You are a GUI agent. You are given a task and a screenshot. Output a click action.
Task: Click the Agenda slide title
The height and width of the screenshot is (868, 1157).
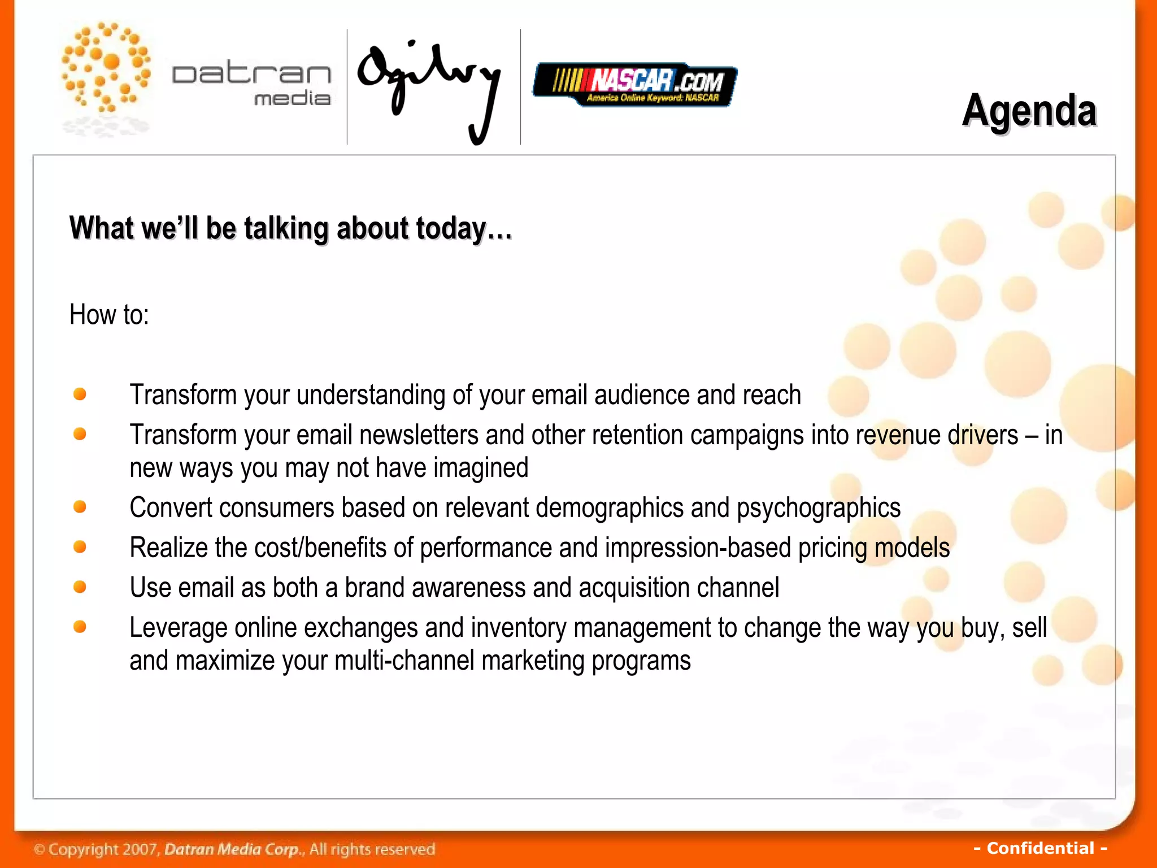[x=1029, y=111]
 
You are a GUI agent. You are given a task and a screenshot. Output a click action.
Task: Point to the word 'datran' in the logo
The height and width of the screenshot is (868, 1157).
[x=251, y=74]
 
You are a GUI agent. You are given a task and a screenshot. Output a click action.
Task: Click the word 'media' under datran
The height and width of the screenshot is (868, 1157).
[x=292, y=98]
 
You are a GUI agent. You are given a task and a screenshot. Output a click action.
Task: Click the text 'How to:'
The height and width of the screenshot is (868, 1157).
[x=109, y=314]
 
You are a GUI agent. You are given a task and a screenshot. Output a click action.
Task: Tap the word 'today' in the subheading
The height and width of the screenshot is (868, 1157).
[x=451, y=228]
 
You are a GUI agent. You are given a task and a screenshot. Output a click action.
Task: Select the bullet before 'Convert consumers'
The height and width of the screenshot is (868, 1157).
[x=80, y=507]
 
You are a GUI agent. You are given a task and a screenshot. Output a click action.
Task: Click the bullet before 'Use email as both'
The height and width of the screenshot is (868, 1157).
[x=80, y=587]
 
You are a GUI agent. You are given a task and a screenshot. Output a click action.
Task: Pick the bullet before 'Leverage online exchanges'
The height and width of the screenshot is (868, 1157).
[x=80, y=627]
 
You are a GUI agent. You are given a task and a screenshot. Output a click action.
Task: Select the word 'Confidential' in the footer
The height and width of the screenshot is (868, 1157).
[x=1041, y=848]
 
